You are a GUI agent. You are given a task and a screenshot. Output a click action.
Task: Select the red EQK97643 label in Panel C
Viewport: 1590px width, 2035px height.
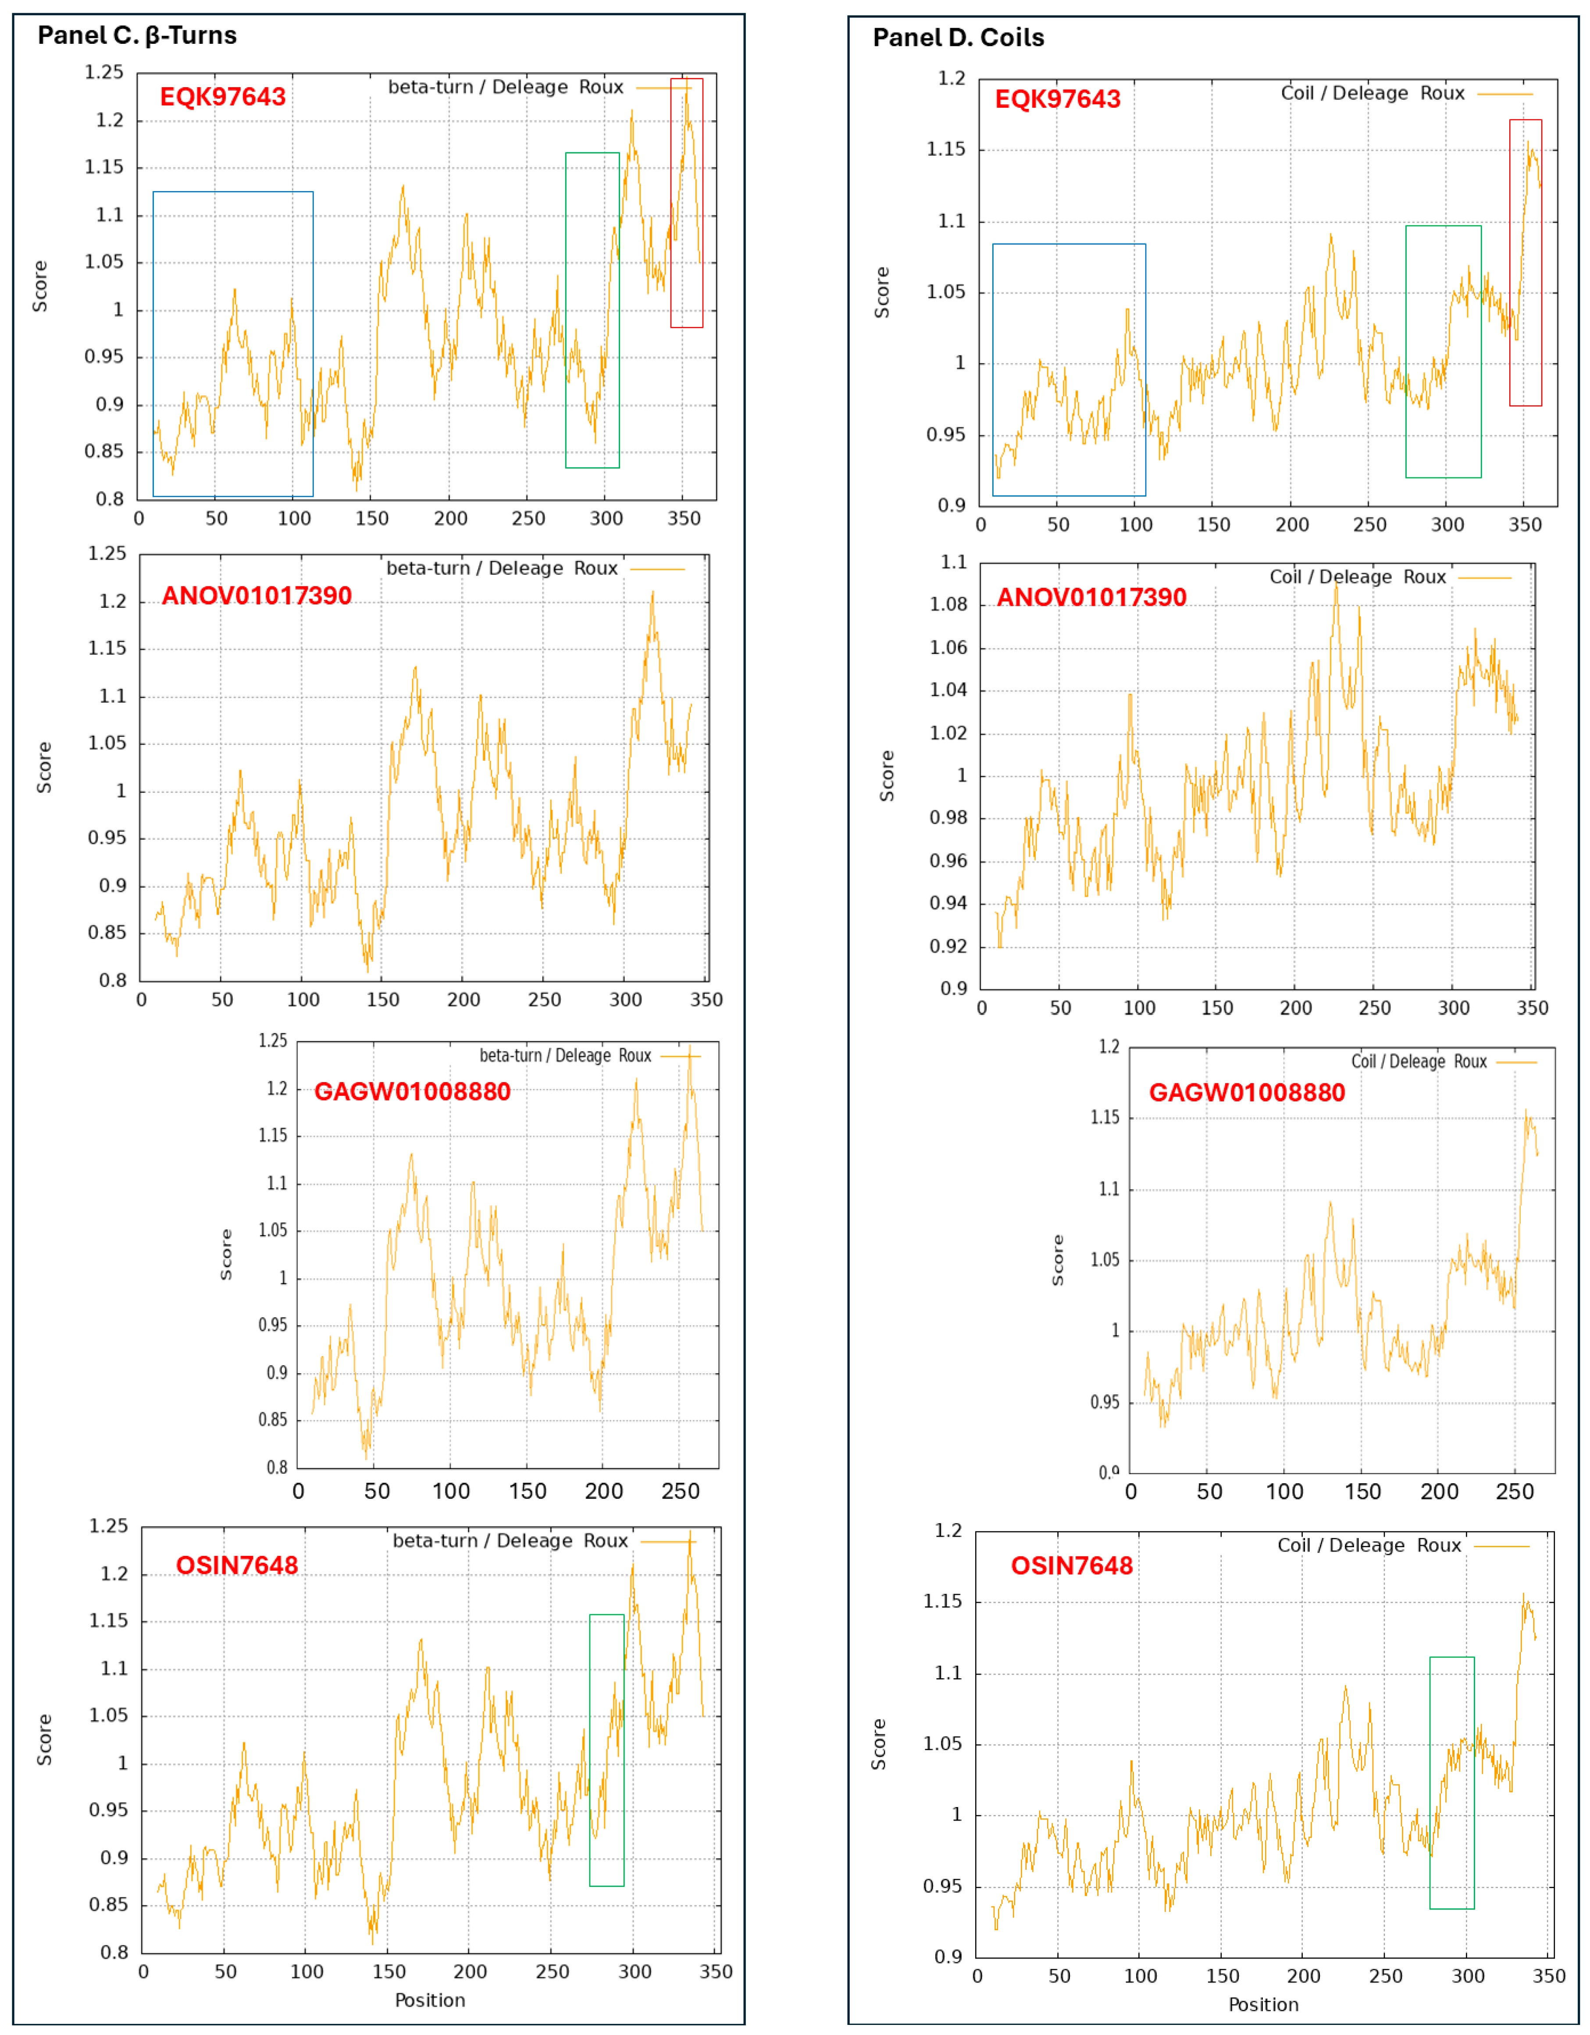pyautogui.click(x=223, y=97)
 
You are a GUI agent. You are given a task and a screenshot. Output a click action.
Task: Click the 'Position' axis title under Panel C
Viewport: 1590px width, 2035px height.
pyautogui.click(x=430, y=1999)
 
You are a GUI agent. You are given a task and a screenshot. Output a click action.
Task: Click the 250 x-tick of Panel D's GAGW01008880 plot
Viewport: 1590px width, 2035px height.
pyautogui.click(x=1515, y=1492)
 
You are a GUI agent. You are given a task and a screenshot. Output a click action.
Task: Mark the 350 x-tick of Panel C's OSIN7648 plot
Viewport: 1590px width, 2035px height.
pyautogui.click(x=716, y=1971)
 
